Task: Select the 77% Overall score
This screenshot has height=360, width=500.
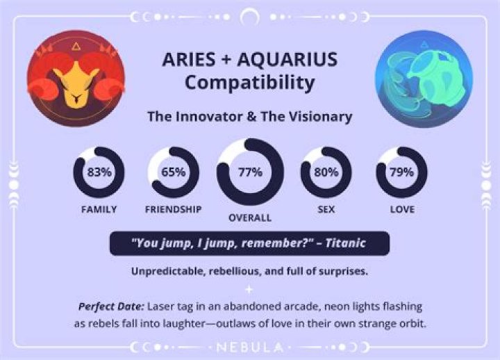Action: click(x=249, y=172)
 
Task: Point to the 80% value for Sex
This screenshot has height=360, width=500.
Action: click(x=326, y=172)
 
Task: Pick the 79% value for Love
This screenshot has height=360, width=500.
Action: click(x=402, y=172)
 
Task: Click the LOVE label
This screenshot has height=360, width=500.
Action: click(x=402, y=209)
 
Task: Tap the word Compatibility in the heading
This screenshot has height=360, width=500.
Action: click(x=249, y=83)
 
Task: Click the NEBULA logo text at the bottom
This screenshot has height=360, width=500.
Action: click(x=249, y=346)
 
